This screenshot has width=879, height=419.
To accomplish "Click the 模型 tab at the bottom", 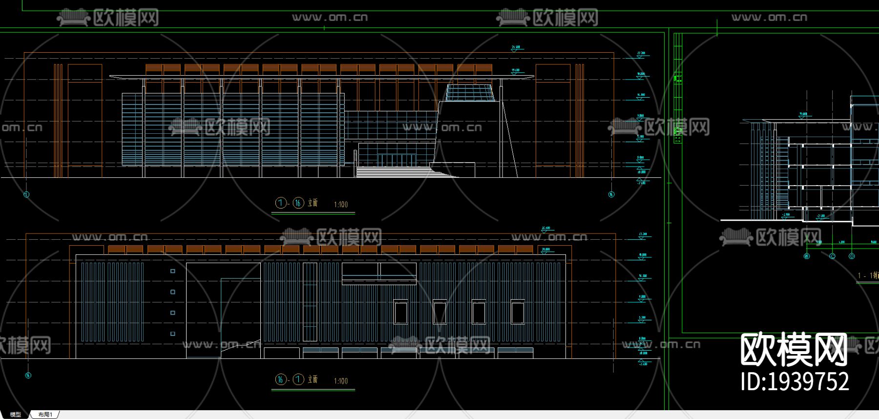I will point(16,415).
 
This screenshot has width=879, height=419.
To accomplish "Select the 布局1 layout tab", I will point(45,415).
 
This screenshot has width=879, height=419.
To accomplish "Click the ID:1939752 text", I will point(795,382).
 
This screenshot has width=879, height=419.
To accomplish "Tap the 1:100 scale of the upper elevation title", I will point(341,205).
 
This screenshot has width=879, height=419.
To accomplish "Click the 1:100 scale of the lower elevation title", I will point(341,381).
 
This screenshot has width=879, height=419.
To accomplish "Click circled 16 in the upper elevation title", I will point(298,203).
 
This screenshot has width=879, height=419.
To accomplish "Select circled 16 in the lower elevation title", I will point(281,379).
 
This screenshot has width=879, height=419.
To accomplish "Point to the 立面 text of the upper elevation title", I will point(313,203).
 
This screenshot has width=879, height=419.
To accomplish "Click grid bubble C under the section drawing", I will point(833,256).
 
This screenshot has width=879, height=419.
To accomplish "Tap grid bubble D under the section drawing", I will point(852,256).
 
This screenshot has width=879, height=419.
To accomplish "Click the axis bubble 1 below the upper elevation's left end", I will point(26,194).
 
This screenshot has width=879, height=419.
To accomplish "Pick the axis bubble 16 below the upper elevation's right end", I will point(611,194).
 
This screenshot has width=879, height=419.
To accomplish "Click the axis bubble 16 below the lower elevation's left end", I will point(28,375).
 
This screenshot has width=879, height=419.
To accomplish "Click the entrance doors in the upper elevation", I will point(396,160).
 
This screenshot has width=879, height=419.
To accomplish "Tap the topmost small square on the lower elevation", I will point(173,271).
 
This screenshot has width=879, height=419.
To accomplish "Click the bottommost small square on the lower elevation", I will point(173,334).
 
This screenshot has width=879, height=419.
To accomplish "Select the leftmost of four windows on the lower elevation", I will point(400,312).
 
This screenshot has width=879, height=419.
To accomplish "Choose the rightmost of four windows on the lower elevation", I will point(518,312).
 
